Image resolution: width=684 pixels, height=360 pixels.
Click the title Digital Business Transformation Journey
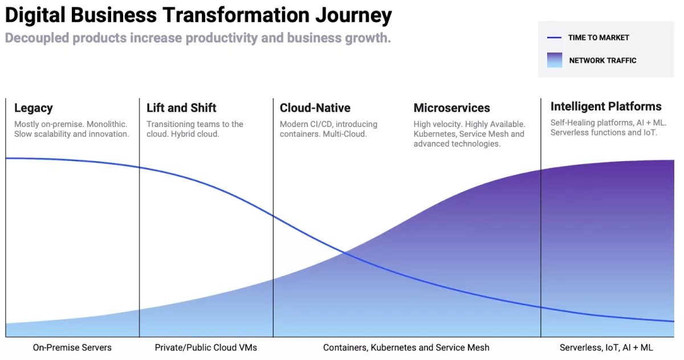coord(198,15)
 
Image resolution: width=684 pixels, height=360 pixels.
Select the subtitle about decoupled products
coord(198,38)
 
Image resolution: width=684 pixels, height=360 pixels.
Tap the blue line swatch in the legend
coord(554,38)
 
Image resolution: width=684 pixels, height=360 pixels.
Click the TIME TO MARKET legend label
coord(598,38)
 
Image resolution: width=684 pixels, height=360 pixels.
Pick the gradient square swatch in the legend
coord(555,60)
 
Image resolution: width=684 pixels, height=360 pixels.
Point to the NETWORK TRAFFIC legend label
coord(603,60)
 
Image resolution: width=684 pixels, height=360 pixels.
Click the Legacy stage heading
coord(34,108)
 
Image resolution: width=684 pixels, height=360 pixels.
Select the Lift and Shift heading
coord(181,108)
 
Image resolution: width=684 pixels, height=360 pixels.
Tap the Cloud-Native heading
coord(315,108)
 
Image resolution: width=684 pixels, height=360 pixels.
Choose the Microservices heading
coord(452,108)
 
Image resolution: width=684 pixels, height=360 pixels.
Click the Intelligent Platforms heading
coord(606,107)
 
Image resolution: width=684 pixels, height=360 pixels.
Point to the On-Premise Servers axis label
coord(72,347)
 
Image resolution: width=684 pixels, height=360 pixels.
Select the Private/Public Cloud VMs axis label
coord(206,347)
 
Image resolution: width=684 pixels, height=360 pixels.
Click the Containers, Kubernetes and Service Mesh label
coord(406,347)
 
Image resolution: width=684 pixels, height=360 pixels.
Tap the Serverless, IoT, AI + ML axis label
coord(606,347)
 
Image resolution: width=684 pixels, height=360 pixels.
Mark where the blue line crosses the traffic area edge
coord(345,252)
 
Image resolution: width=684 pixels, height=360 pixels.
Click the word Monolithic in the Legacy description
coord(107,124)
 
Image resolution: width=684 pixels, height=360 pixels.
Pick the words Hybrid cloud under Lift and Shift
coord(195,134)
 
